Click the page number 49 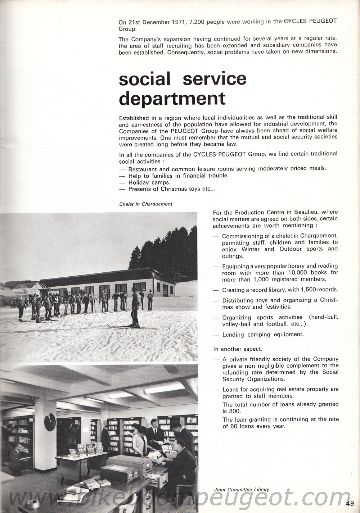click(350, 503)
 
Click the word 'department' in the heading click(172, 98)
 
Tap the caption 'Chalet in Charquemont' click(146, 204)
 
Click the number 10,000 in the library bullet click(290, 272)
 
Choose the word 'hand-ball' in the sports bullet click(325, 317)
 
